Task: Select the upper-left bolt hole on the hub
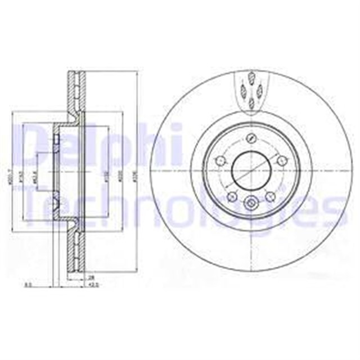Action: click(220, 162)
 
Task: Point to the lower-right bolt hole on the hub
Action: click(269, 196)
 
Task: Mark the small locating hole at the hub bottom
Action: click(251, 203)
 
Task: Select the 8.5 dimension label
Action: click(28, 285)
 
